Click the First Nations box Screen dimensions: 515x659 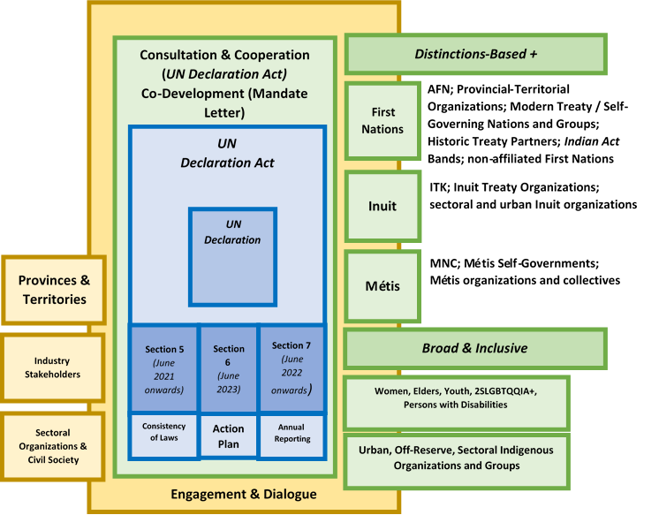(x=383, y=121)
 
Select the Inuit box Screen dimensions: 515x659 (x=383, y=206)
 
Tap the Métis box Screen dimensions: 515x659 (x=383, y=286)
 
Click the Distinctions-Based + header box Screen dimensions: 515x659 (x=476, y=54)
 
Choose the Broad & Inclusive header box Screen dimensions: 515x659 (x=476, y=348)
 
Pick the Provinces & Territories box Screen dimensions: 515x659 (x=54, y=290)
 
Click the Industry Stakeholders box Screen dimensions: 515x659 (x=52, y=367)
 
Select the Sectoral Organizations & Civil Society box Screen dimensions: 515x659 (x=52, y=446)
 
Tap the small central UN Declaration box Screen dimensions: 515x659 (x=232, y=256)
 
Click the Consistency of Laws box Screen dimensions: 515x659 (x=164, y=433)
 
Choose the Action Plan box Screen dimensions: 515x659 (x=229, y=435)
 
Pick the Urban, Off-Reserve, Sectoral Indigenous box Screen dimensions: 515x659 (x=456, y=458)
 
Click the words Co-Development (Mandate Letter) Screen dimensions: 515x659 (x=224, y=102)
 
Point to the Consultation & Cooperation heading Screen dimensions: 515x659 (x=224, y=55)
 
